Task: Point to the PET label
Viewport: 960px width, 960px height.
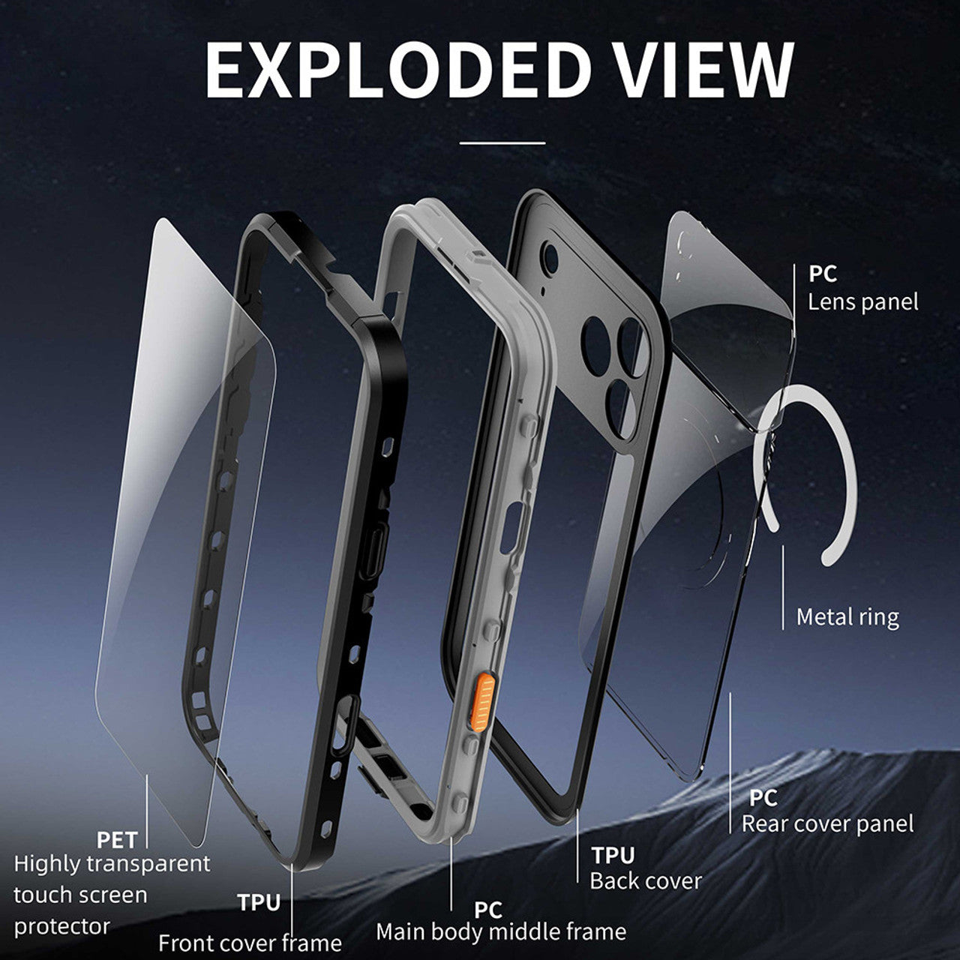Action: [116, 840]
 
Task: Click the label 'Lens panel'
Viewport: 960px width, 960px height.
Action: [862, 302]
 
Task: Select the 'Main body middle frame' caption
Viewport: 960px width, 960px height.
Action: [501, 931]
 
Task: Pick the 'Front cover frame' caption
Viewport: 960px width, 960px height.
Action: [250, 943]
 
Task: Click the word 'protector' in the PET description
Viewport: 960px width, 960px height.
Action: [61, 926]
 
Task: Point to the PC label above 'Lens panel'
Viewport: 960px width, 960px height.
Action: [823, 274]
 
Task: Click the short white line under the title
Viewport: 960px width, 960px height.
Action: [502, 143]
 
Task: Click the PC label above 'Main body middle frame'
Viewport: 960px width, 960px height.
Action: [487, 910]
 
